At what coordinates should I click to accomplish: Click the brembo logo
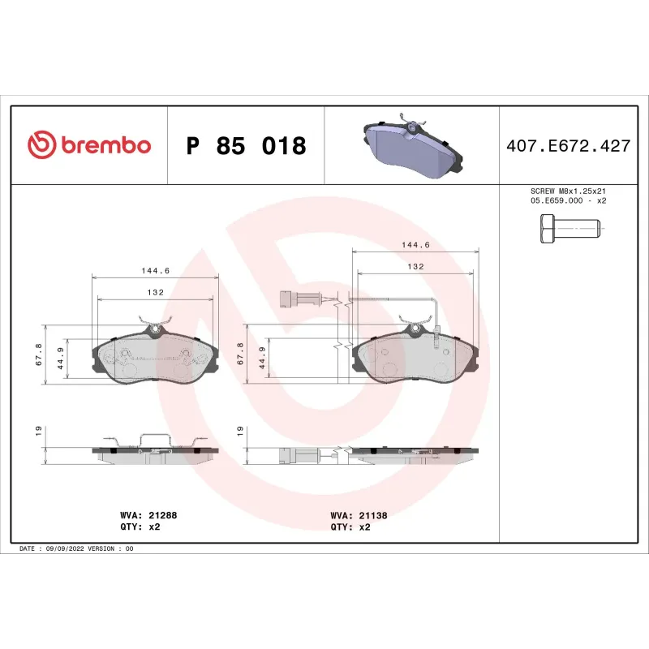click(x=89, y=145)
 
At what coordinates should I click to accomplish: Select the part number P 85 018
click(x=247, y=146)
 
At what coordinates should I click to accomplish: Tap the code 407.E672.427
click(x=568, y=146)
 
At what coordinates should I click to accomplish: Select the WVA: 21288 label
click(x=149, y=515)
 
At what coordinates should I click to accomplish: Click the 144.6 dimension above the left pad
click(x=156, y=271)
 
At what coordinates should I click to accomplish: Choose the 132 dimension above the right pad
click(x=415, y=266)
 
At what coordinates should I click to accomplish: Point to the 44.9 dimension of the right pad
click(x=263, y=356)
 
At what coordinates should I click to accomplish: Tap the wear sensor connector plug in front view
click(x=288, y=298)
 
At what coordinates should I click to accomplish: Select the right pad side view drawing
click(x=415, y=454)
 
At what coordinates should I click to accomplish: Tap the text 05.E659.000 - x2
click(x=568, y=200)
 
